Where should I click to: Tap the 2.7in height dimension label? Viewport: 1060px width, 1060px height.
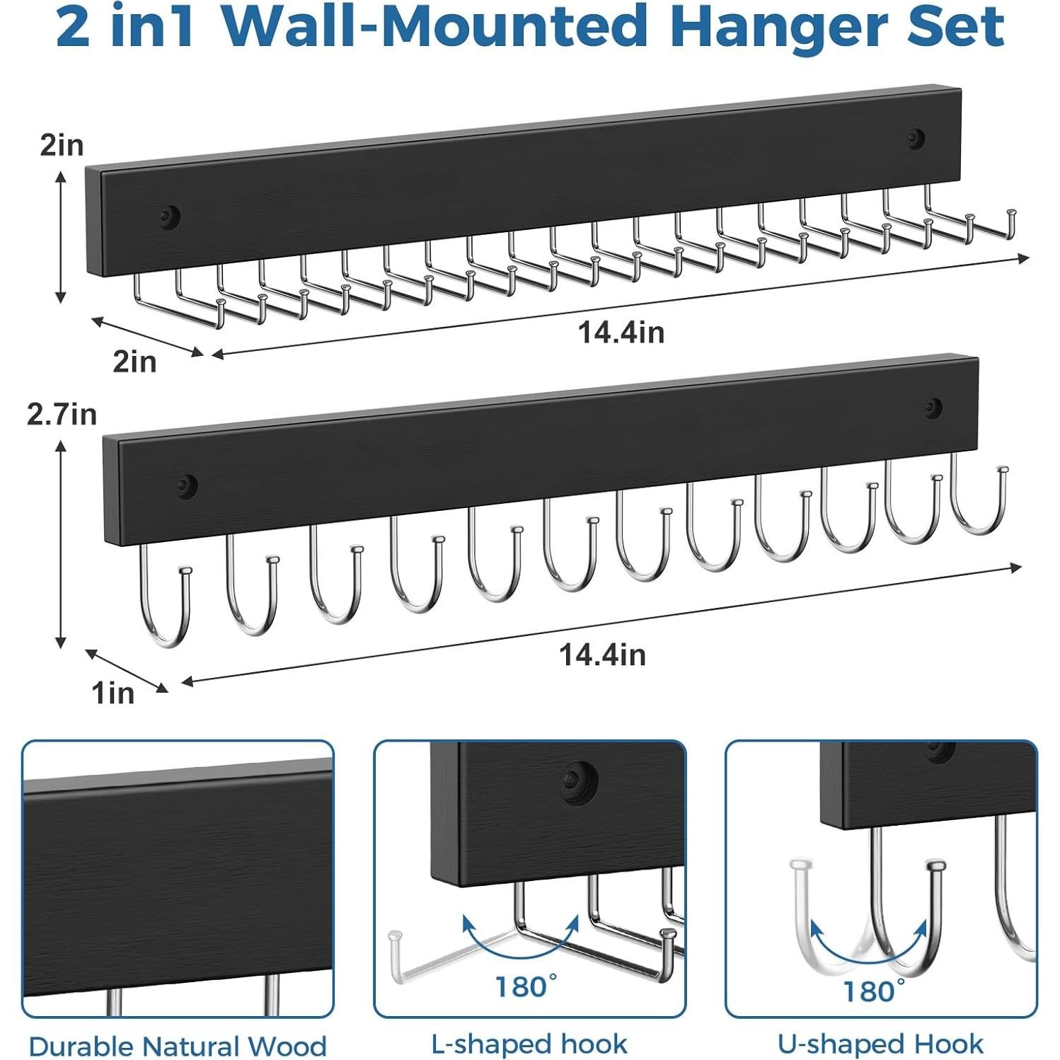pos(62,414)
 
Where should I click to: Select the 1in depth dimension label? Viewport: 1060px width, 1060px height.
pos(113,693)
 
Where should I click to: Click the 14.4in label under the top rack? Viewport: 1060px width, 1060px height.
pos(621,332)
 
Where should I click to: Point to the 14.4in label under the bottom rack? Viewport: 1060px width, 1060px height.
pos(603,655)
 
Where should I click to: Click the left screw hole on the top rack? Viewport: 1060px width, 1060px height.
pos(169,217)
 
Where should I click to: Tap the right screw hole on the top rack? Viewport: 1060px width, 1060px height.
pos(916,139)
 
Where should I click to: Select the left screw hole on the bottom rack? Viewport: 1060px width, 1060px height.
pos(186,486)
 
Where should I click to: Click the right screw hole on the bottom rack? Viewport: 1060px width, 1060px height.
pos(934,408)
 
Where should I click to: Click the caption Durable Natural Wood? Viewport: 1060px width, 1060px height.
pos(178,1046)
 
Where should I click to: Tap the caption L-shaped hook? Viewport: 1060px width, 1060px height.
pos(529,1044)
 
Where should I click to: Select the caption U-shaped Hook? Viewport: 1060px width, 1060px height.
pos(880,1044)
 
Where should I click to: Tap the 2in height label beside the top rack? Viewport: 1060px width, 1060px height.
pos(62,145)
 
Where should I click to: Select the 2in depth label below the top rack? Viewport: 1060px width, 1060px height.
pos(134,362)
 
